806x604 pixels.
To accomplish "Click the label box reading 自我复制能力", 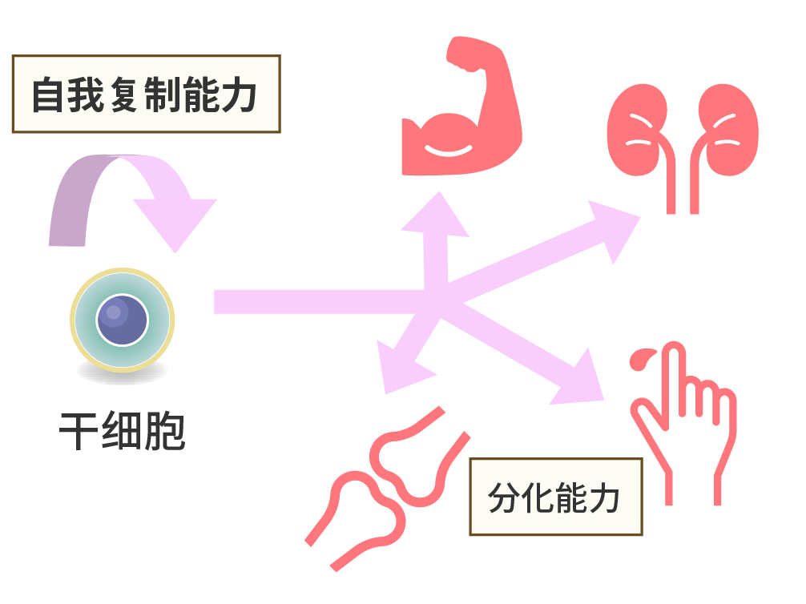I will click(x=146, y=94).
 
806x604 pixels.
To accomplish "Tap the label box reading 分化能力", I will click(x=555, y=497).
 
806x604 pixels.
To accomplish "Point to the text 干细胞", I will click(x=122, y=433).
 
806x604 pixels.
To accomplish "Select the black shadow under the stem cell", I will click(x=122, y=372).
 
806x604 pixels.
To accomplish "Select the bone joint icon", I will click(x=389, y=489).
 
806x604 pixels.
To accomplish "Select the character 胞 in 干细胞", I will click(x=164, y=433).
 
